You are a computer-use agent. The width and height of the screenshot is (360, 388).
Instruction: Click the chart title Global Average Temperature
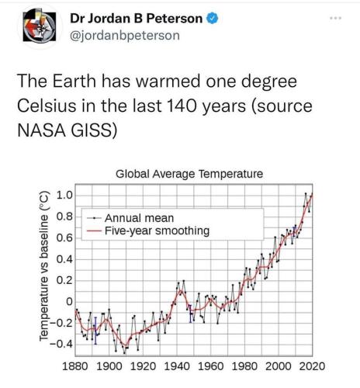click(x=189, y=175)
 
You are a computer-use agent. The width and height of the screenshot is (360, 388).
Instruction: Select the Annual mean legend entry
click(x=137, y=218)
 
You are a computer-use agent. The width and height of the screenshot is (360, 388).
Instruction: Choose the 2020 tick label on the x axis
click(x=314, y=365)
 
